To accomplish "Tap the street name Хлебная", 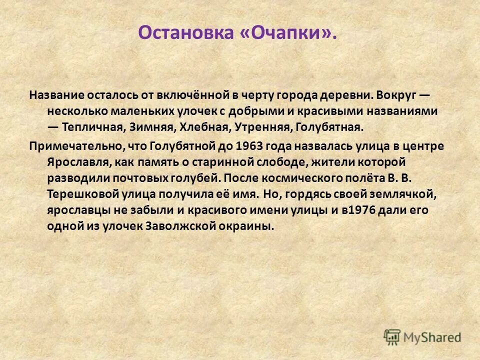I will click(x=202, y=126).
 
